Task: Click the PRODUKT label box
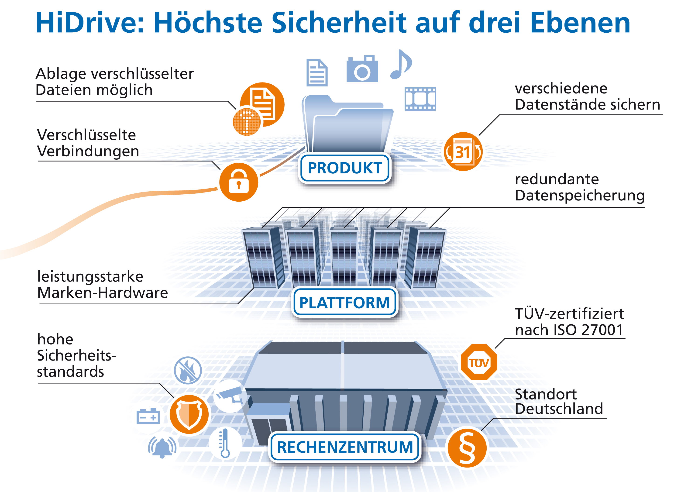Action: (x=344, y=168)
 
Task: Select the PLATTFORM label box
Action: (x=344, y=303)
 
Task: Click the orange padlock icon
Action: (x=239, y=182)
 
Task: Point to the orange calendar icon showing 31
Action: (x=463, y=152)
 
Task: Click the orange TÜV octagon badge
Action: (x=479, y=363)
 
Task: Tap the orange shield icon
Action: (x=189, y=414)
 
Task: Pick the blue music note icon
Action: (x=401, y=64)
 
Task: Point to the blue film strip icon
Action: (x=420, y=99)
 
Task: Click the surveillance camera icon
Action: (x=230, y=395)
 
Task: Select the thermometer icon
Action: (x=224, y=443)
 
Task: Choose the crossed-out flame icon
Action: (x=188, y=370)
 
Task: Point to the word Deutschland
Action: (x=559, y=409)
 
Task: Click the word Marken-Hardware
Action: (x=102, y=293)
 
